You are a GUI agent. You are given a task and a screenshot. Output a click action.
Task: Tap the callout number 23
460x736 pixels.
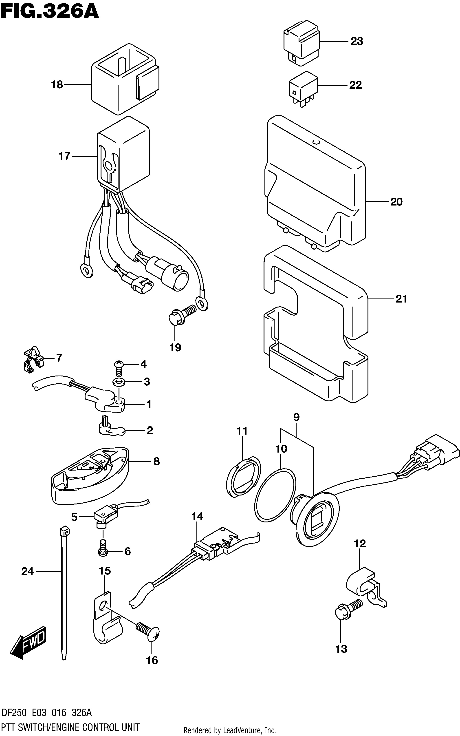(x=357, y=41)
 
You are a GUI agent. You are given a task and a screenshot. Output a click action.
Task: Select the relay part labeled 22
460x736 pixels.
(x=303, y=89)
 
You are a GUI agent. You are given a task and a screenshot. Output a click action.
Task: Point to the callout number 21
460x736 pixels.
(x=401, y=299)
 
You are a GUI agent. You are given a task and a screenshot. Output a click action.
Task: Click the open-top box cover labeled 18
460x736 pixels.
(x=125, y=79)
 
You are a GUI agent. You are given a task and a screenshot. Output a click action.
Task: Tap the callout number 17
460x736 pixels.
(x=64, y=156)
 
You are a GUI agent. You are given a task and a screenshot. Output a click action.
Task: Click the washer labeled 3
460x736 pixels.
(x=118, y=382)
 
